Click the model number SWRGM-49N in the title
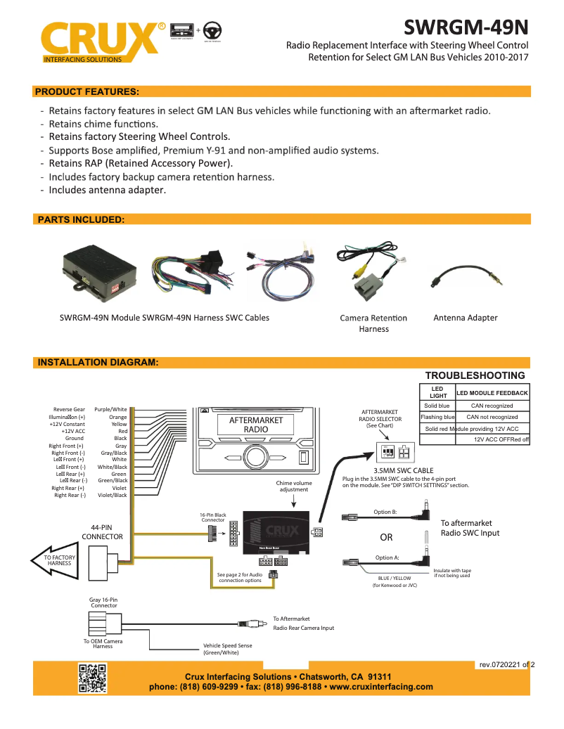466,27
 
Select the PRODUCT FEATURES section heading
86,91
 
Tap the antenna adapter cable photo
465,278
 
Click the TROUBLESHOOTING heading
475,375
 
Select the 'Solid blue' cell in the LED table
437,406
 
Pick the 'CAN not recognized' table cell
492,417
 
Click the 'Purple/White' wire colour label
110,409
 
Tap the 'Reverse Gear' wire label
69,409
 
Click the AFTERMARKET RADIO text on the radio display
256,425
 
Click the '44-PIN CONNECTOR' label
102,531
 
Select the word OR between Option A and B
386,537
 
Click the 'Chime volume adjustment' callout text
294,486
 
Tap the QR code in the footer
92,678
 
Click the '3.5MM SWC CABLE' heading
403,470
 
